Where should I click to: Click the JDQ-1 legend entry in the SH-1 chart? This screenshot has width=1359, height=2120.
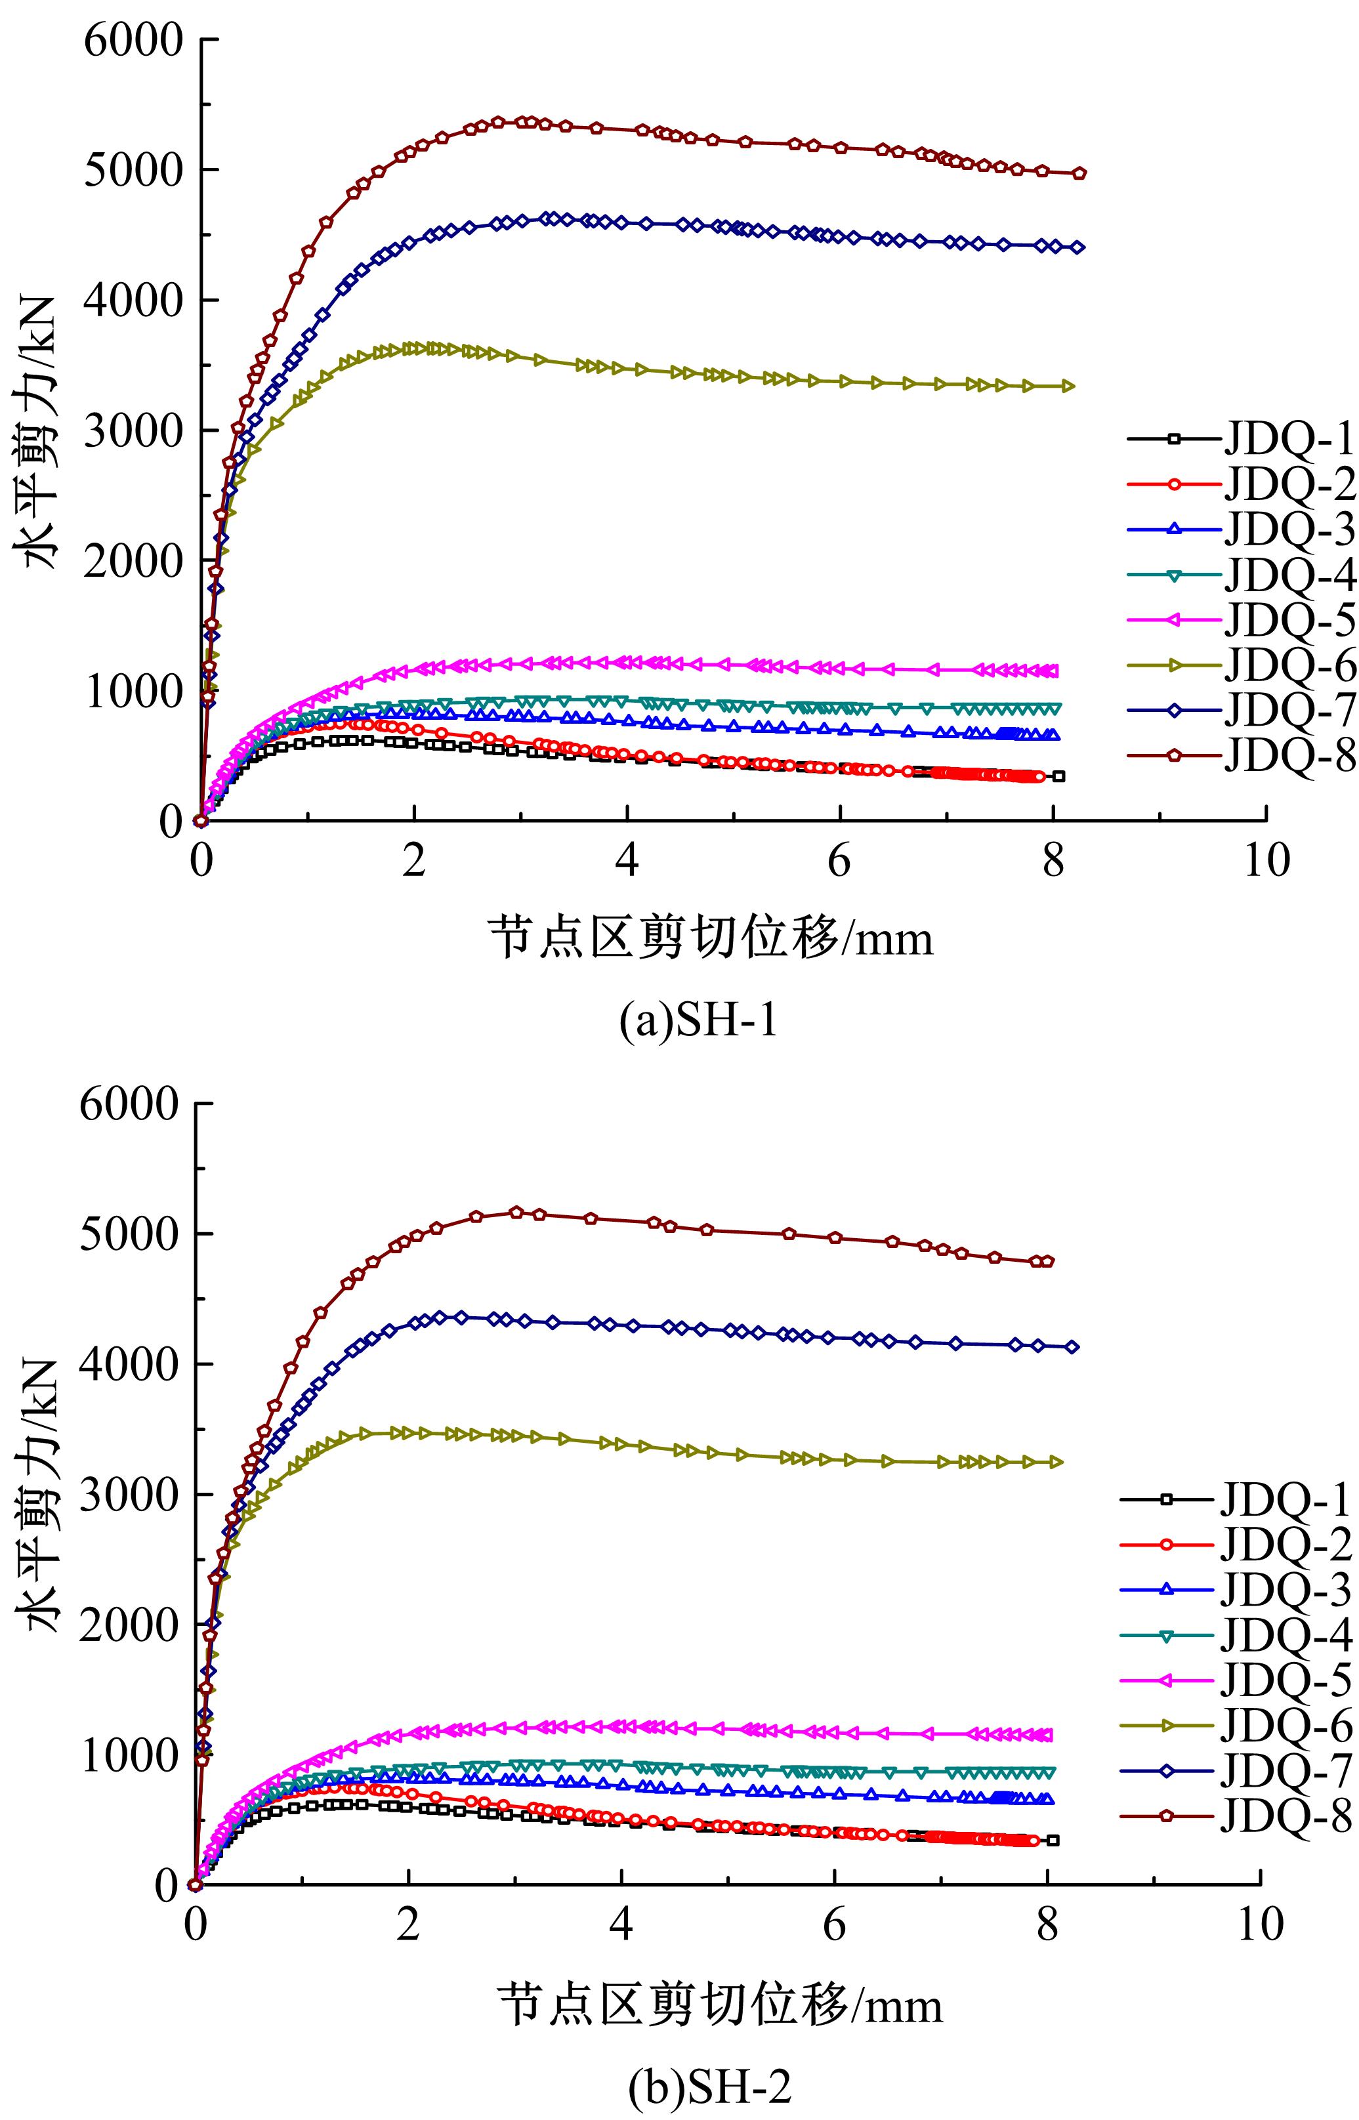pyautogui.click(x=1288, y=438)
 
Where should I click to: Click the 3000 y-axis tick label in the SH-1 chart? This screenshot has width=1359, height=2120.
pyautogui.click(x=133, y=430)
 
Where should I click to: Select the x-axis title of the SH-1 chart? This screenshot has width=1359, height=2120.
pyautogui.click(x=711, y=938)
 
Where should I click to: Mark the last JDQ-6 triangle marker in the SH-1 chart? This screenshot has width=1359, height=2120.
pyautogui.click(x=1069, y=386)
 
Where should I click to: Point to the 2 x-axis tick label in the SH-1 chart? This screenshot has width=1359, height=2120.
pyautogui.click(x=414, y=860)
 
